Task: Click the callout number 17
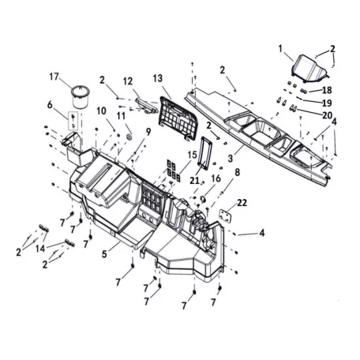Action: (x=54, y=77)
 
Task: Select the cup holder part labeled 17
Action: (x=81, y=96)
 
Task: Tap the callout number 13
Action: (x=158, y=78)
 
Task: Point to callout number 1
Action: (x=280, y=49)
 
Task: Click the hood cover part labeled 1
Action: (x=309, y=68)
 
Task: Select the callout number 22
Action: (x=242, y=203)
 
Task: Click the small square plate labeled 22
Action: (x=226, y=216)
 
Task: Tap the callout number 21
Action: (x=194, y=180)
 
